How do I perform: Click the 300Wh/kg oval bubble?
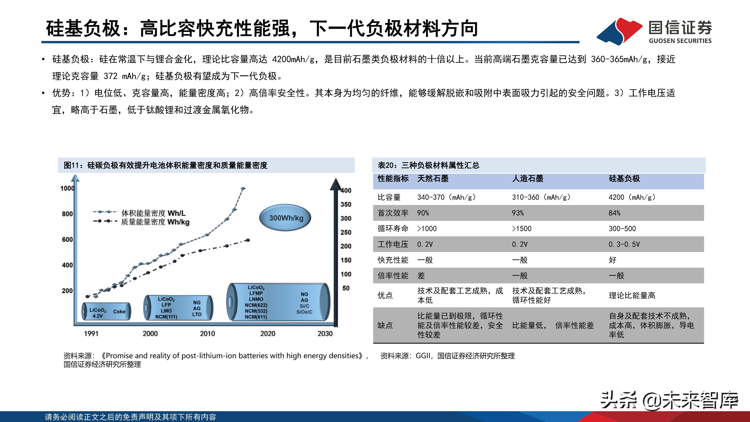coord(285,218)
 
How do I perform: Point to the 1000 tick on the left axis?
coord(67,188)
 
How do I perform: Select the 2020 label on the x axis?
coord(267,334)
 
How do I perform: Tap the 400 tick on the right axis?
coord(346,191)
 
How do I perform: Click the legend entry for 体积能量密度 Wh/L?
coord(153,213)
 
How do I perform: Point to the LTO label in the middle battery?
coord(197,314)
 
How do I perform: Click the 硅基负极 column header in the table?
coord(624,179)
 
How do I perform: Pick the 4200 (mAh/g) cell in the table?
coord(632,197)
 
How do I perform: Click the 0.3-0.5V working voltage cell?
coord(624,244)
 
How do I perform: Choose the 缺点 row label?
coord(385,325)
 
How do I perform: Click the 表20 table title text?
coord(428,165)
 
